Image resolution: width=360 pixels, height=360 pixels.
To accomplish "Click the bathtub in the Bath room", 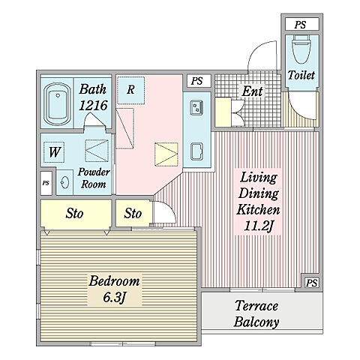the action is [57, 103].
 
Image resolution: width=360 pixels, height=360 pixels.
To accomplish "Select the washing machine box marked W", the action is [54, 152].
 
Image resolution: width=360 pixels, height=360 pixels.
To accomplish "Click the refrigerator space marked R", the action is [131, 90].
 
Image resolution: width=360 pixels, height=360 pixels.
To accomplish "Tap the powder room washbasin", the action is [64, 182].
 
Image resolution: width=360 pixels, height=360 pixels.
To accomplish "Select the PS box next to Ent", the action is [197, 81].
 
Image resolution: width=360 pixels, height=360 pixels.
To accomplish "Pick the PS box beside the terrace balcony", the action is [311, 283].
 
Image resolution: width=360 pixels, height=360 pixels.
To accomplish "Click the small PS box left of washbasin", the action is [46, 183].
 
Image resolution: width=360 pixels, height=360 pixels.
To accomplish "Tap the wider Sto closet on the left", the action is [76, 214].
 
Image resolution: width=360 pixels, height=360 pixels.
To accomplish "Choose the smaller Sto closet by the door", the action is [133, 214].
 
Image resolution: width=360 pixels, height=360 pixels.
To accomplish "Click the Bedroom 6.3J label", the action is [114, 289].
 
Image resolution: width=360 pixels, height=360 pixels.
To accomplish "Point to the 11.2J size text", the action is [258, 226].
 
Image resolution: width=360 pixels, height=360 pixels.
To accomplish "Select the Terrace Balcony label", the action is [256, 313].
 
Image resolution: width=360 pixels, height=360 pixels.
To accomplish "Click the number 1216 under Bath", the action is [93, 105].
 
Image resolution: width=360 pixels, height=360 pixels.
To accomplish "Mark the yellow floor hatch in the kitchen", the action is [166, 154].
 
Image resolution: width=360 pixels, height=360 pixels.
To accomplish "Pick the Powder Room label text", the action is [94, 178].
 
